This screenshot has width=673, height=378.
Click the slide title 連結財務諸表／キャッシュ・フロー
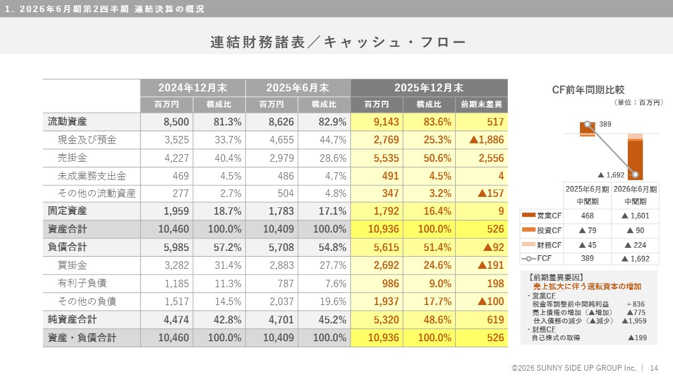point(338,42)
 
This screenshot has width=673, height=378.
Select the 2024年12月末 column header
point(192,88)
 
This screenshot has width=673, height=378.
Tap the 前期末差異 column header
point(481,104)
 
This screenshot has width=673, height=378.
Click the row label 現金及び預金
point(87,140)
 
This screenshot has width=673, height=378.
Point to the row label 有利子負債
point(82,283)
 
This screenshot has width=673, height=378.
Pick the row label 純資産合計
point(73,319)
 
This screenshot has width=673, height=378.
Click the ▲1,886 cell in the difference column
point(483,140)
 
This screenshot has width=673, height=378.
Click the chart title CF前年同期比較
point(588,90)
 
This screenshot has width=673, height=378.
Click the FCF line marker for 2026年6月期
point(636,175)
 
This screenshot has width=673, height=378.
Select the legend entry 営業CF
point(542,216)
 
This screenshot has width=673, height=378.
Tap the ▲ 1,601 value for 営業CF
point(635,216)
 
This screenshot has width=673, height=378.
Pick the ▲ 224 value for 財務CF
point(635,245)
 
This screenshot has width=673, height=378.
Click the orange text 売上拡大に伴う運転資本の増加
point(587,287)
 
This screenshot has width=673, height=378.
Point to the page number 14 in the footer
point(654,368)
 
